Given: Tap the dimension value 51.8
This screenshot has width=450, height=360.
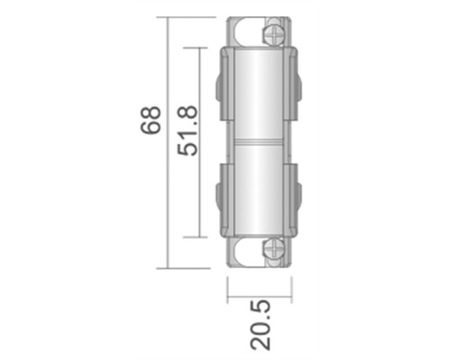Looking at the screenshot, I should (187, 130).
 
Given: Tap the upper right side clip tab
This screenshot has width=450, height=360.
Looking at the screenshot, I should (298, 88).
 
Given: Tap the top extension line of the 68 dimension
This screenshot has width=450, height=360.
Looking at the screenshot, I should (189, 17).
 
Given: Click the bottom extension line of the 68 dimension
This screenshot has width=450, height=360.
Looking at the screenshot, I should (189, 267).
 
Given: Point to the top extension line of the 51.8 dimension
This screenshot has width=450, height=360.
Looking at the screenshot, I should (200, 47).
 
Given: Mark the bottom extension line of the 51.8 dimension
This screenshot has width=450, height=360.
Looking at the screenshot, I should (200, 237).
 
